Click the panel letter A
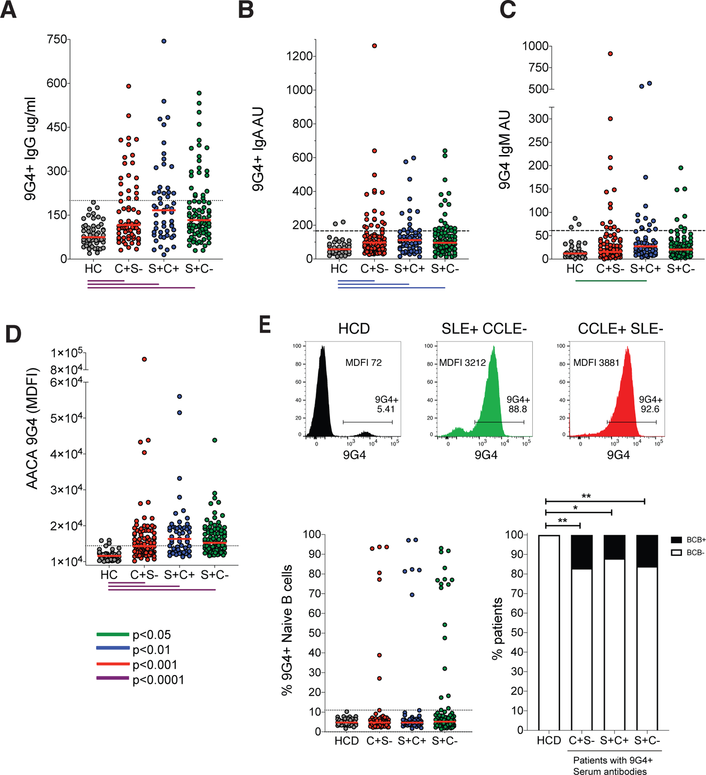(x=9, y=9)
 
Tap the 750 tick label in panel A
(x=57, y=40)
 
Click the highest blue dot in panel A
(x=164, y=41)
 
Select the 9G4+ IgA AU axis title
(x=258, y=149)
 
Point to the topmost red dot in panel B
(x=374, y=46)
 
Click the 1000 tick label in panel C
(x=535, y=46)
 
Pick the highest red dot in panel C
(x=610, y=54)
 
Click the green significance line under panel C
(x=611, y=281)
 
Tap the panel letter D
(x=13, y=334)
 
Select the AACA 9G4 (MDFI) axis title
(x=32, y=428)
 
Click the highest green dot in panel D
(x=215, y=440)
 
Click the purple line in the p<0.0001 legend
(x=113, y=678)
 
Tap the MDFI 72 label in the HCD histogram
(x=363, y=363)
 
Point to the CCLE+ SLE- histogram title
(x=620, y=329)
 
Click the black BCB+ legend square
(x=676, y=540)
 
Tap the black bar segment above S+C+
(x=614, y=547)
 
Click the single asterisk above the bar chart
(x=575, y=508)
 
